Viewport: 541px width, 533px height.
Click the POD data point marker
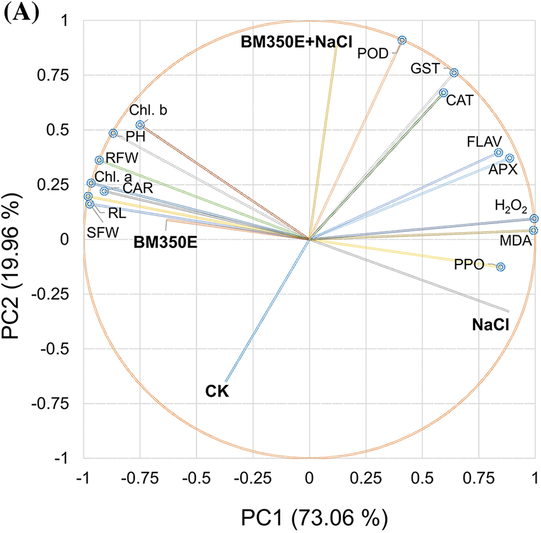pyautogui.click(x=402, y=40)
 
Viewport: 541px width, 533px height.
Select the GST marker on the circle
pyautogui.click(x=454, y=73)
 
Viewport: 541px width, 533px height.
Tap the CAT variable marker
pyautogui.click(x=444, y=93)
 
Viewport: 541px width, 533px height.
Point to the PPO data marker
pyautogui.click(x=500, y=267)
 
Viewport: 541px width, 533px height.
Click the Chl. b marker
pyautogui.click(x=140, y=125)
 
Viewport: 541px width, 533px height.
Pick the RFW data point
pyautogui.click(x=99, y=160)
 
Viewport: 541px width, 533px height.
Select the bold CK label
pyautogui.click(x=217, y=390)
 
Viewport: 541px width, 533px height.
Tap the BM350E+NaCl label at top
pyautogui.click(x=296, y=42)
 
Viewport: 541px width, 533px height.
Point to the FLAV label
pyautogui.click(x=484, y=141)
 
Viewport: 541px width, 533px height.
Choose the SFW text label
pyautogui.click(x=102, y=233)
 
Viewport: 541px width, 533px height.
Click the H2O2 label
pyautogui.click(x=510, y=206)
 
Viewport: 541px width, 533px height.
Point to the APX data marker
pyautogui.click(x=509, y=158)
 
